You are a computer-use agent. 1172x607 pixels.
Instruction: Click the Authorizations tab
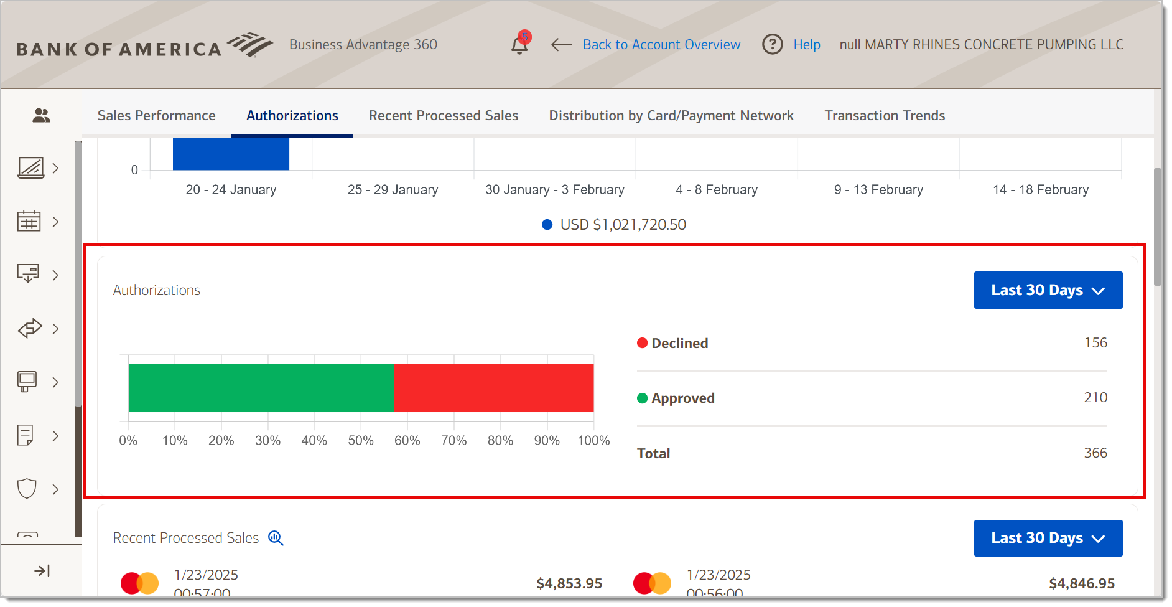click(x=292, y=116)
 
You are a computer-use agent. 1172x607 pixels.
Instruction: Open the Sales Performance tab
click(x=156, y=116)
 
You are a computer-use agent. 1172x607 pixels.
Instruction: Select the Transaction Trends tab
click(x=884, y=116)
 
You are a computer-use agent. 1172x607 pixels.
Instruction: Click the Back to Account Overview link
click(x=661, y=45)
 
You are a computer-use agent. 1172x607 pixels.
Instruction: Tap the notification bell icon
click(x=519, y=45)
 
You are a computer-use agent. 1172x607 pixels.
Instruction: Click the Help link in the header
click(x=806, y=45)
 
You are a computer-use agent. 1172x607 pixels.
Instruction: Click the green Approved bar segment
click(x=261, y=388)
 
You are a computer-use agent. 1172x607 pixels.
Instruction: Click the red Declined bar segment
click(x=493, y=388)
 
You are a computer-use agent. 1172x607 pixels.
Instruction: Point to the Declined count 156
click(x=1095, y=343)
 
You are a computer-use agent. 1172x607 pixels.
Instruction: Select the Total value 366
click(x=1095, y=453)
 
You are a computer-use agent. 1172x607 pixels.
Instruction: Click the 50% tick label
click(x=360, y=441)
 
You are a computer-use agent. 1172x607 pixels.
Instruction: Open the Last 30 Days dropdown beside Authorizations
click(x=1048, y=290)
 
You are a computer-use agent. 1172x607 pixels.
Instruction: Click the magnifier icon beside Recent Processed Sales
click(x=276, y=539)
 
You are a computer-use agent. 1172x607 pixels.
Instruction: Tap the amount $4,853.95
click(x=569, y=584)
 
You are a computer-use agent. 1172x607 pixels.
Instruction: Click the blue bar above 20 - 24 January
click(x=231, y=154)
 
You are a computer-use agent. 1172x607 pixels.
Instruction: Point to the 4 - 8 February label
click(x=716, y=190)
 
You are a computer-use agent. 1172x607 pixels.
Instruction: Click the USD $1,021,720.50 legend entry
click(x=614, y=225)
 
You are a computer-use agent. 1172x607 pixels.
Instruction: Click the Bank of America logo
click(x=144, y=46)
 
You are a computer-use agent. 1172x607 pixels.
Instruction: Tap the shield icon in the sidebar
click(x=27, y=489)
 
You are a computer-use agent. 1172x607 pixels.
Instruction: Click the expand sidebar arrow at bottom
click(x=42, y=571)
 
